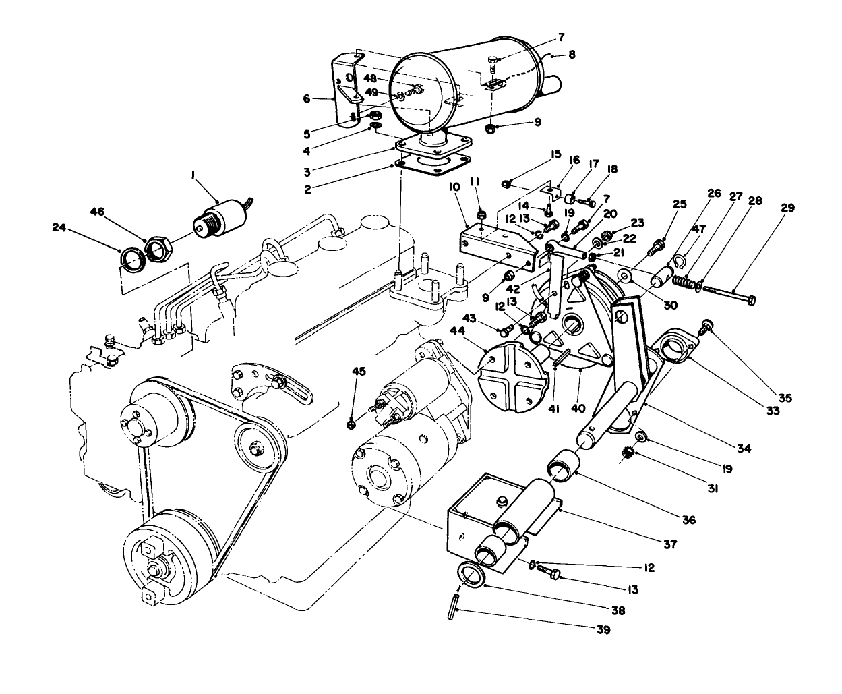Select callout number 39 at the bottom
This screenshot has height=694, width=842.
(602, 630)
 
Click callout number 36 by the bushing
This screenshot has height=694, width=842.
(688, 520)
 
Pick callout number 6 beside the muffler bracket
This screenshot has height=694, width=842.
(307, 98)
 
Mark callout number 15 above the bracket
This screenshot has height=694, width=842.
(555, 154)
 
